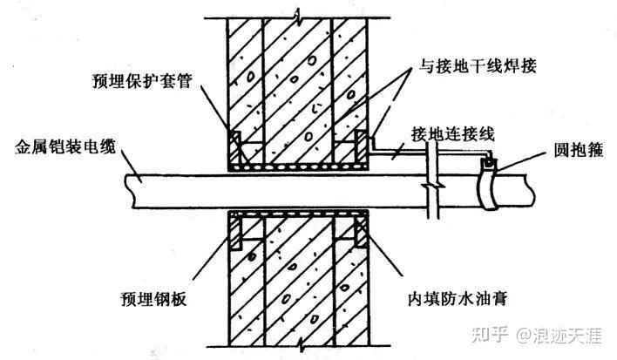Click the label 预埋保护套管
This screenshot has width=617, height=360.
(x=142, y=81)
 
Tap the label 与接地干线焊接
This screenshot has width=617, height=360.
(x=478, y=65)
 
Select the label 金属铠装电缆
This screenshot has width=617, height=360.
(x=65, y=146)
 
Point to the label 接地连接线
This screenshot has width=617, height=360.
(x=452, y=134)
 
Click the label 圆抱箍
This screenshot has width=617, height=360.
(x=579, y=150)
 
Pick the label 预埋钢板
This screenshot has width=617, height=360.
(x=153, y=299)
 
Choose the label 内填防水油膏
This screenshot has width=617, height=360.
(x=458, y=299)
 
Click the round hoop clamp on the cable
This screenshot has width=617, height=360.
(x=487, y=184)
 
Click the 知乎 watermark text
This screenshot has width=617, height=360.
(x=491, y=336)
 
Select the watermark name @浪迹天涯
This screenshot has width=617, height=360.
(x=559, y=336)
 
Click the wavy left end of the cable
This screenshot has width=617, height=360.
(x=129, y=191)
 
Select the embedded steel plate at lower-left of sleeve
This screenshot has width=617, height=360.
(x=235, y=234)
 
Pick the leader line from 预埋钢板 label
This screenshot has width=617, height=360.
(x=211, y=259)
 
